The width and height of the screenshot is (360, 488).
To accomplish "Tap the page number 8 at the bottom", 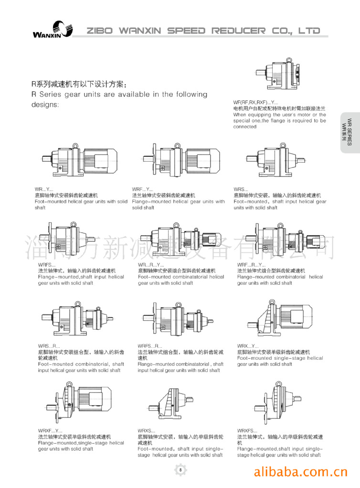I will pyautogui.click(x=180, y=470).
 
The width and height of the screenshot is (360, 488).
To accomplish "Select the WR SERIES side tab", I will pyautogui.click(x=349, y=132).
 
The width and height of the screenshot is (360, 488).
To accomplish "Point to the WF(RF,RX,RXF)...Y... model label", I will pyautogui.click(x=255, y=102).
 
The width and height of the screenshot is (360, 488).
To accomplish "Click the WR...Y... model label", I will pyautogui.click(x=44, y=189).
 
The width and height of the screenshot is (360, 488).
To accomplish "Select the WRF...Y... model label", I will pyautogui.click(x=143, y=189).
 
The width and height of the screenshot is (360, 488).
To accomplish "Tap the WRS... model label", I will pyautogui.click(x=241, y=189).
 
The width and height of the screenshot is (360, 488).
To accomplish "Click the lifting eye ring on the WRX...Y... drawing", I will pyautogui.click(x=271, y=302).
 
